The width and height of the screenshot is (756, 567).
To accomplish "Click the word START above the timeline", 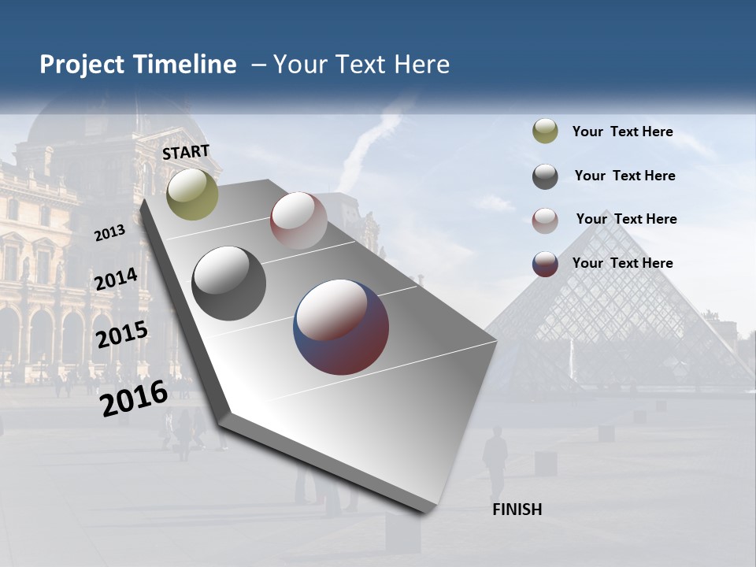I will coord(186,152).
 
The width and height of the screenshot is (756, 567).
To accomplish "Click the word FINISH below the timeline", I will coord(517,510).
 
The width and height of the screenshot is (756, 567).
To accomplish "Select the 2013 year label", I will coord(110,232).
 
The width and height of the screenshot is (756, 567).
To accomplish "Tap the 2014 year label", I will coord(116,280).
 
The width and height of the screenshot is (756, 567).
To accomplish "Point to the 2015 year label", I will coord(121,335).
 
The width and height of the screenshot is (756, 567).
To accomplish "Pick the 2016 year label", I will coord(134,398).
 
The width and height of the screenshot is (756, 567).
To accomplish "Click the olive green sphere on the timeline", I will coord(193,194).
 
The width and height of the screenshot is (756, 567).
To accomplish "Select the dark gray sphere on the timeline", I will coord(229,283).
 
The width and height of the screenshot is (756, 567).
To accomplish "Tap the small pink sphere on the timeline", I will coord(298,220).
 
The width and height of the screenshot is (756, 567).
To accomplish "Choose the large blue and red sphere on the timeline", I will coord(341,327).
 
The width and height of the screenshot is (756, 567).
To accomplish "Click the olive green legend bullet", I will coord(545,132).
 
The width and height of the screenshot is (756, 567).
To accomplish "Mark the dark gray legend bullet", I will coord(545,176).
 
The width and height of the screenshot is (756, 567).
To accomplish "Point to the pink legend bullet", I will coord(545,220).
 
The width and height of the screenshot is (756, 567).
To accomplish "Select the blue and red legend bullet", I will coord(545,264).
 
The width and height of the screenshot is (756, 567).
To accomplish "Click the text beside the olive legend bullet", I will coord(622,132).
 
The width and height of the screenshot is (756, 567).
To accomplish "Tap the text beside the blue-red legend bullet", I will coord(622,263).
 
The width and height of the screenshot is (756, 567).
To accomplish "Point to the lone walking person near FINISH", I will coord(495,461).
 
